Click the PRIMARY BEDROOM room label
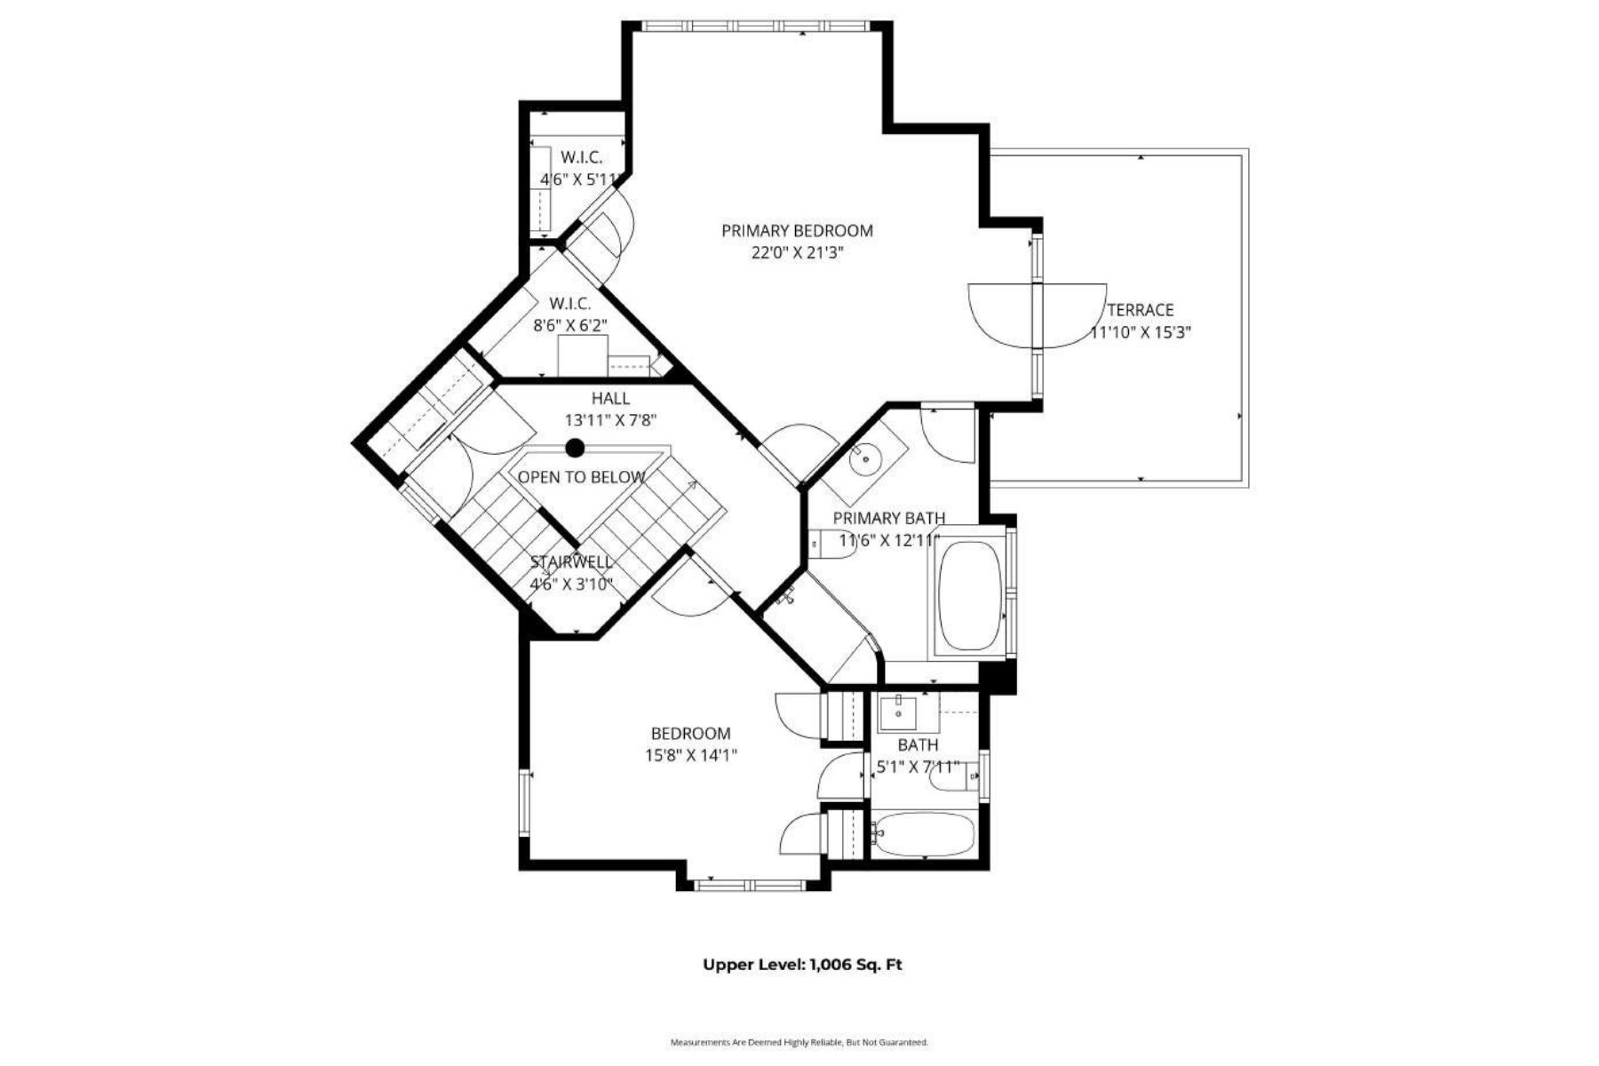[797, 231]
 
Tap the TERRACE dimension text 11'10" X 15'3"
[1141, 333]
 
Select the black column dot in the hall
[576, 448]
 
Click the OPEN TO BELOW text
[581, 478]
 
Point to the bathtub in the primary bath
[971, 595]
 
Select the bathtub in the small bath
[924, 835]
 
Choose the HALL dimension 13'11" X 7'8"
[610, 420]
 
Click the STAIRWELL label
[571, 562]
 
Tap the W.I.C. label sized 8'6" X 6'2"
[569, 304]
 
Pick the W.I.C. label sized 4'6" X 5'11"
[581, 157]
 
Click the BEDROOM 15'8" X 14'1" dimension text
[691, 756]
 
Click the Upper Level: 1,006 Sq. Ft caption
[802, 965]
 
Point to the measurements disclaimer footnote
[799, 1042]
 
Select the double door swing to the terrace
[1037, 315]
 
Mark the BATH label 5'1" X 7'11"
[918, 745]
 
